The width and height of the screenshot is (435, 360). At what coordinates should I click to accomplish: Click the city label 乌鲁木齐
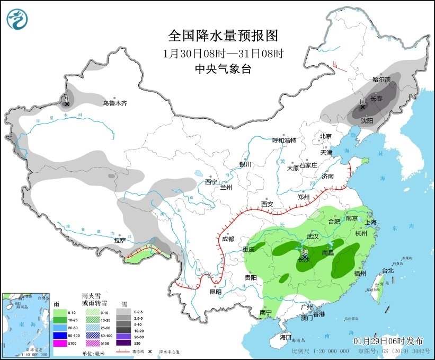[x=114, y=103]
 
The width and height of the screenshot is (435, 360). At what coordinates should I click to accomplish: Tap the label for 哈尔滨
[x=381, y=80]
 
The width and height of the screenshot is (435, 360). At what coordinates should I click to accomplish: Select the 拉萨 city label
[x=120, y=240]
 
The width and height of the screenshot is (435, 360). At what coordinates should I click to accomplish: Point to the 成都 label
[x=228, y=239]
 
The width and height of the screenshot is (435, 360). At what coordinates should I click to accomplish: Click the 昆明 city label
[x=216, y=292]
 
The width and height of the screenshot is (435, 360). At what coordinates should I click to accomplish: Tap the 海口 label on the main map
[x=286, y=337]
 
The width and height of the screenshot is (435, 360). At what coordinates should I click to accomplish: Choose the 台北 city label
[x=387, y=270]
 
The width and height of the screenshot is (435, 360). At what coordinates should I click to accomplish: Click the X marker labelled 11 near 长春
[x=363, y=107]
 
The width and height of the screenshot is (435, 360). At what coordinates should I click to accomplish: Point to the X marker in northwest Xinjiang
[x=67, y=104]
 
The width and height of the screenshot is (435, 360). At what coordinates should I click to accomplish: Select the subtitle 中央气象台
[x=223, y=69]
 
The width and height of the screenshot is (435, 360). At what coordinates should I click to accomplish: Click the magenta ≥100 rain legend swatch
[x=60, y=344]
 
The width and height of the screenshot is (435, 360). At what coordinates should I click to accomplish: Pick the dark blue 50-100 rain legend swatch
[x=60, y=336]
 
